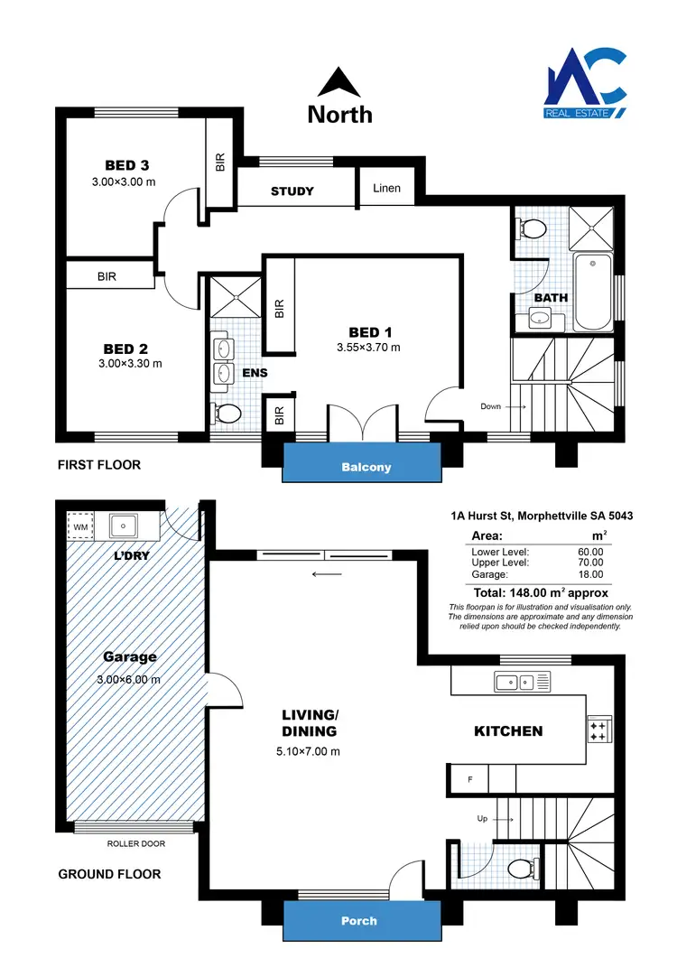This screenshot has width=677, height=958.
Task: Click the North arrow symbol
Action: tap(338, 83)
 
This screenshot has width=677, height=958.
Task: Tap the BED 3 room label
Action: tap(126, 165)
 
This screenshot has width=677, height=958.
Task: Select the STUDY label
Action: tap(292, 191)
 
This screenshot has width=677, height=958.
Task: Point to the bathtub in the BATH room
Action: tap(593, 293)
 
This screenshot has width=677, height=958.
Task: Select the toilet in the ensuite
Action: tap(227, 414)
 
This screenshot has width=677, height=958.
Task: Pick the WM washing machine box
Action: tap(79, 526)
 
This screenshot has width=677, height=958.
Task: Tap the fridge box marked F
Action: tap(469, 777)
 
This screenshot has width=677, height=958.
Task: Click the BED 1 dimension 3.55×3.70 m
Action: tap(367, 347)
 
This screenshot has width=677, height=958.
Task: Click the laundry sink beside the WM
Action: tap(121, 525)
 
